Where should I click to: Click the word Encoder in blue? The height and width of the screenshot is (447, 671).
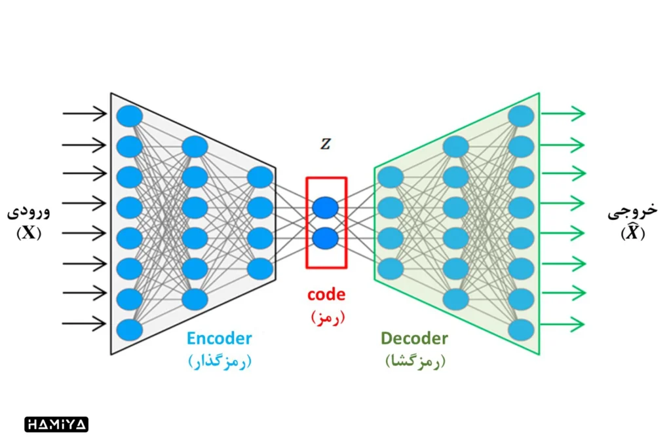pyautogui.click(x=219, y=338)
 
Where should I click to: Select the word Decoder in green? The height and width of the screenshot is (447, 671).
pyautogui.click(x=414, y=338)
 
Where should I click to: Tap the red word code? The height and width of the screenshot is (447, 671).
pyautogui.click(x=326, y=295)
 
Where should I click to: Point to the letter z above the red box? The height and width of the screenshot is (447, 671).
pyautogui.click(x=325, y=145)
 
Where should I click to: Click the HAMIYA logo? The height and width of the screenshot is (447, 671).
pyautogui.click(x=56, y=424)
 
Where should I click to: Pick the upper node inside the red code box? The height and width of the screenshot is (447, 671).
pyautogui.click(x=326, y=208)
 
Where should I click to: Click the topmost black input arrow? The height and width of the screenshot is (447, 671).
pyautogui.click(x=84, y=114)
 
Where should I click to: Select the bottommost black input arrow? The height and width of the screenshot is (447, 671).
pyautogui.click(x=84, y=323)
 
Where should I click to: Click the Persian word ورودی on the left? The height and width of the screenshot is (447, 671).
pyautogui.click(x=28, y=212)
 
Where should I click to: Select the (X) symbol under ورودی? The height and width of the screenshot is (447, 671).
pyautogui.click(x=29, y=232)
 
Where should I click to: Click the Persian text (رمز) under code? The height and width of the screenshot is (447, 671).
pyautogui.click(x=326, y=317)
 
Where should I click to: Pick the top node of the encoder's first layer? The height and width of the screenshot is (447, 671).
pyautogui.click(x=130, y=116)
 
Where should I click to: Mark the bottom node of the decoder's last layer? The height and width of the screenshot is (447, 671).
pyautogui.click(x=521, y=329)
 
